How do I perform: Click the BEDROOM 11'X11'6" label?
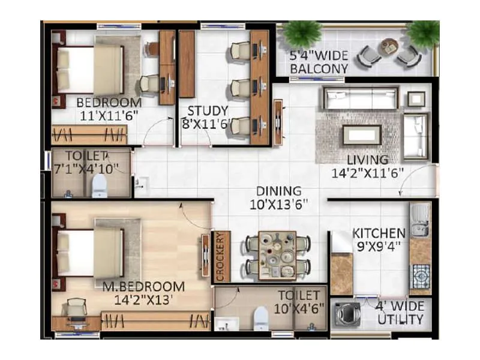coord(109,109)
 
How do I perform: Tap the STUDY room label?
coord(207,117)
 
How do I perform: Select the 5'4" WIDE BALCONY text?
coord(319,62)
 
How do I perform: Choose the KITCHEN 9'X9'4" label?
coord(379,239)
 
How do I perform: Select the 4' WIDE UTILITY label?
coord(400,313)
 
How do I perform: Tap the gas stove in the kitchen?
coord(421,275)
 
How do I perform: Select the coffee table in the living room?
coord(361,135)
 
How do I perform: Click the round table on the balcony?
coord(390,46)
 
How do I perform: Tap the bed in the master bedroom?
coord(96,247)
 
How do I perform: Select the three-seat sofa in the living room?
coord(361,98)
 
